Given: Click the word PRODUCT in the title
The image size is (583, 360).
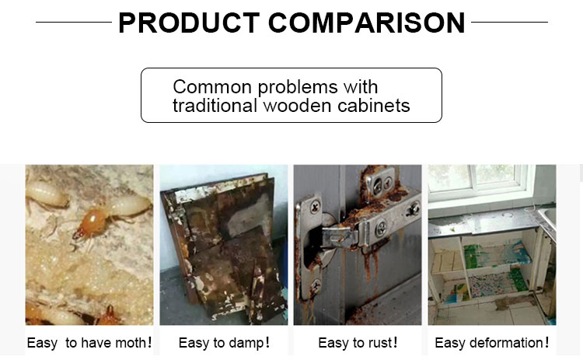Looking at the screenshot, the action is click(x=189, y=23).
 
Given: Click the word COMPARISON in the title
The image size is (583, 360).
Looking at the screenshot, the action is click(x=367, y=23).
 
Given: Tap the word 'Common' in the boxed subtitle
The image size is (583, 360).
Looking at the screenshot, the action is click(x=212, y=87).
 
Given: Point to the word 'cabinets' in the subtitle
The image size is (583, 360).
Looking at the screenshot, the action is click(x=374, y=106).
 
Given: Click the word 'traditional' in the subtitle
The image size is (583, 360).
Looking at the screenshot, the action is click(x=215, y=106).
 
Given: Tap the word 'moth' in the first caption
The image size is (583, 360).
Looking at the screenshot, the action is click(x=130, y=343).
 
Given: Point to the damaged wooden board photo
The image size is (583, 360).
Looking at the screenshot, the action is click(x=223, y=245).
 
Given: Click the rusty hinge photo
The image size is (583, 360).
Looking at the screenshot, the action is click(x=358, y=245).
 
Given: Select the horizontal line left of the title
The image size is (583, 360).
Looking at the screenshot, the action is click(x=74, y=22).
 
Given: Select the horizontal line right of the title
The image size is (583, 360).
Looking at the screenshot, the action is click(x=509, y=22).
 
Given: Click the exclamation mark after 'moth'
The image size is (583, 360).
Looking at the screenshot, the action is click(x=149, y=342).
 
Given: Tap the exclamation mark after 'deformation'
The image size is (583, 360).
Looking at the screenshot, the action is click(x=546, y=342).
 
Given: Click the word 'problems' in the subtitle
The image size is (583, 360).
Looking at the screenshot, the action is click(x=298, y=88).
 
